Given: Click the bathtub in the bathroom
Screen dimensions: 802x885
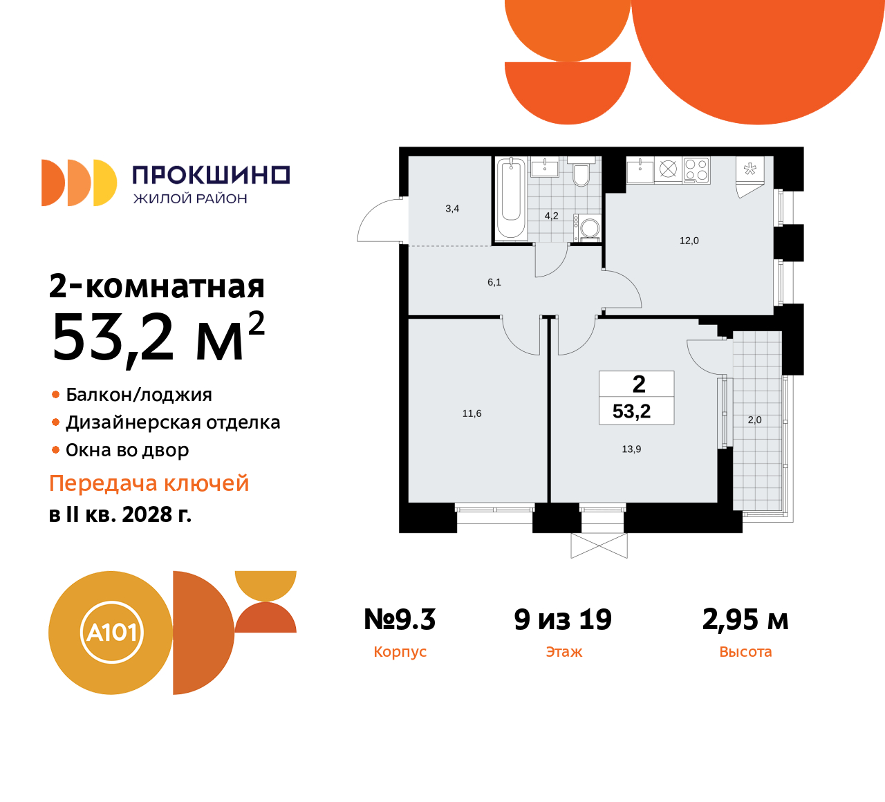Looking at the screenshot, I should pyautogui.click(x=511, y=198).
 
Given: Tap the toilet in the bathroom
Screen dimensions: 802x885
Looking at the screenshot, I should pyautogui.click(x=581, y=174).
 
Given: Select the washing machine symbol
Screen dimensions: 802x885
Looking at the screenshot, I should pyautogui.click(x=589, y=228).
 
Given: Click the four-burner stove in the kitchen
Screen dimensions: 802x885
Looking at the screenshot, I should pyautogui.click(x=696, y=170).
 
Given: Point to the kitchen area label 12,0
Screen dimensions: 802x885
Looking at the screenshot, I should pyautogui.click(x=689, y=241).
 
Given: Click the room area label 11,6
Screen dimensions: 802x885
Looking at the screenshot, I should pyautogui.click(x=472, y=413).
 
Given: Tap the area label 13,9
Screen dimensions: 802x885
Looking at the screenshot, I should pyautogui.click(x=631, y=449).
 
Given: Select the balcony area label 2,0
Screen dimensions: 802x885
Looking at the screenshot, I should pyautogui.click(x=754, y=420).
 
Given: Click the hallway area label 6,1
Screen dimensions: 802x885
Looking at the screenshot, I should pyautogui.click(x=494, y=282).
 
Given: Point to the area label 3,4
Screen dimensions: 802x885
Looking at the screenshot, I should pyautogui.click(x=452, y=209).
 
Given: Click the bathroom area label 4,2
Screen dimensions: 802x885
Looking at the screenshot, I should pyautogui.click(x=551, y=216).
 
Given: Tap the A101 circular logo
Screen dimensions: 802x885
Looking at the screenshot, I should pyautogui.click(x=111, y=632).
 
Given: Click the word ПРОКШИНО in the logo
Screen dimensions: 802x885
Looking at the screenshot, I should pyautogui.click(x=211, y=175).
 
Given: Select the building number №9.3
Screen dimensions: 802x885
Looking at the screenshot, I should pyautogui.click(x=400, y=619).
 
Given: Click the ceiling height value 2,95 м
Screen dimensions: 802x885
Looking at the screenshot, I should pyautogui.click(x=745, y=619).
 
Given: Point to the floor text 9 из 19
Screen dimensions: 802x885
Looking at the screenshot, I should pyautogui.click(x=563, y=619).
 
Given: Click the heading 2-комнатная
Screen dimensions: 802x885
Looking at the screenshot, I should pyautogui.click(x=157, y=286).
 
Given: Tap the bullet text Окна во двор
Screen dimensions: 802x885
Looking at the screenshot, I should pyautogui.click(x=127, y=450).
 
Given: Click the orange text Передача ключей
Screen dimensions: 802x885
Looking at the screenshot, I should pyautogui.click(x=149, y=483).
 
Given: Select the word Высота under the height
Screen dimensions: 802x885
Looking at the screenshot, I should pyautogui.click(x=745, y=652).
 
